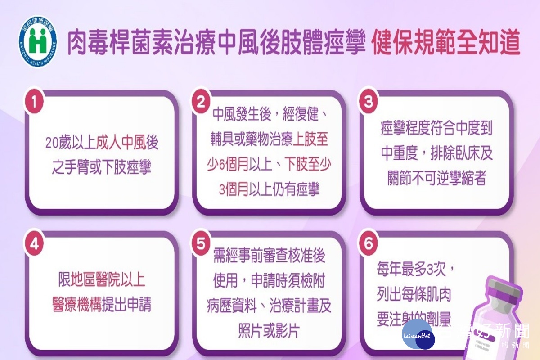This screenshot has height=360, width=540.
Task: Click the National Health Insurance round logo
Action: [38, 42]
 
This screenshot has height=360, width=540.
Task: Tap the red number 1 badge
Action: [35, 102]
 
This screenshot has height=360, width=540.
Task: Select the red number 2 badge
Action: [201, 102]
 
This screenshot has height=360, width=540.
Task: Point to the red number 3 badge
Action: [369, 102]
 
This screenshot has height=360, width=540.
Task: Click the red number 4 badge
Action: [35, 243]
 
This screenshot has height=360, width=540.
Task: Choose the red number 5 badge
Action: [201, 243]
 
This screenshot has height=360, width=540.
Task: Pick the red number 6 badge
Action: [369, 243]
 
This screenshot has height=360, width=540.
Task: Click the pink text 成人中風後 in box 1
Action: [127, 143]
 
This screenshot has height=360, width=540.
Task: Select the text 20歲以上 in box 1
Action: [71, 143]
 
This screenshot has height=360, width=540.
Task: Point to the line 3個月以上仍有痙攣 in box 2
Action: [269, 189]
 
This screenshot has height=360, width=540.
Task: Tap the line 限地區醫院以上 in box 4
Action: [102, 279]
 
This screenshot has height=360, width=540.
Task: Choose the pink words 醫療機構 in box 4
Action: [76, 304]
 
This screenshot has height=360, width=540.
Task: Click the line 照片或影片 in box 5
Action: [269, 330]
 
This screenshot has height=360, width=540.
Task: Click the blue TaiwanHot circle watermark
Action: [418, 335]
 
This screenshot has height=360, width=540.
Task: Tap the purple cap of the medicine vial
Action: [504, 290]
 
